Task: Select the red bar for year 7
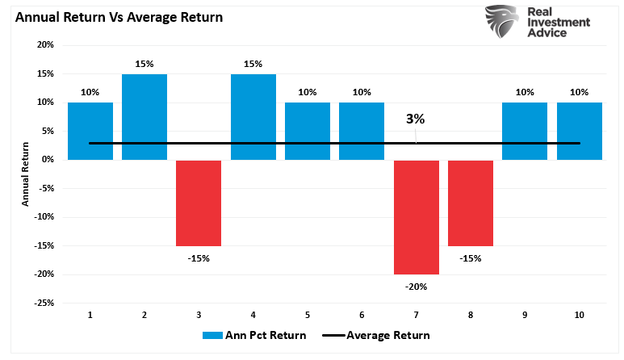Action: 416,216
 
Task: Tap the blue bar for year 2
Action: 144,116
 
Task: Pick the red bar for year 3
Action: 199,203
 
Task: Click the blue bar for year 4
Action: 253,116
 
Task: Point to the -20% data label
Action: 417,287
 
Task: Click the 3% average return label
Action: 415,119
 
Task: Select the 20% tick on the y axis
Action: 44,45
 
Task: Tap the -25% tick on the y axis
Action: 42,303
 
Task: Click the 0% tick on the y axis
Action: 47,160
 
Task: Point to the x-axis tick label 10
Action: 579,314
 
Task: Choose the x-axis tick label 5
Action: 308,314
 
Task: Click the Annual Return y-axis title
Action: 25,174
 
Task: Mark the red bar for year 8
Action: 471,203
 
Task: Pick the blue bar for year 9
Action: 525,131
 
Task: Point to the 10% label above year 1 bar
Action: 90,92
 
